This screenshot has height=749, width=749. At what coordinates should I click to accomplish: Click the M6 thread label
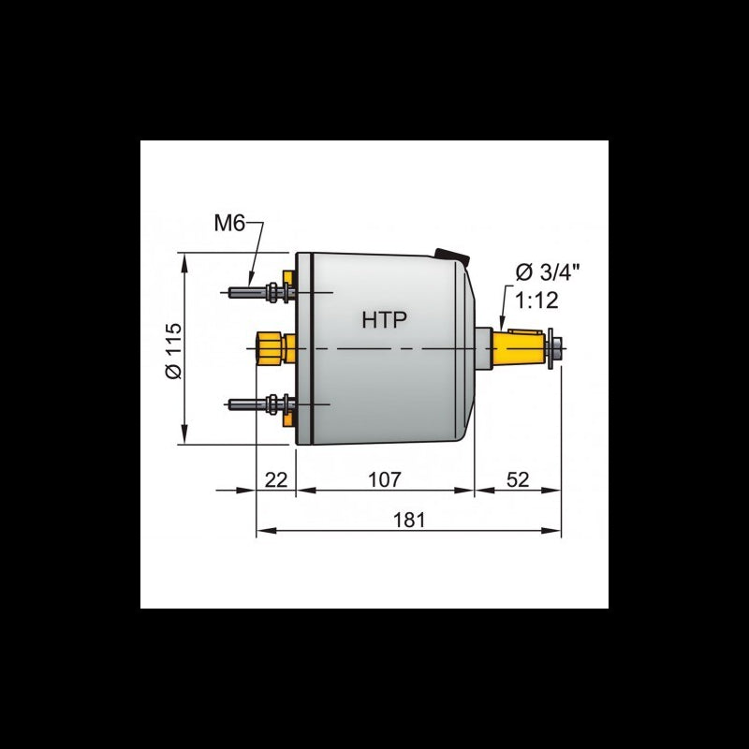(230, 224)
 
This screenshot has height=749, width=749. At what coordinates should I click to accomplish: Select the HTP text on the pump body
(385, 320)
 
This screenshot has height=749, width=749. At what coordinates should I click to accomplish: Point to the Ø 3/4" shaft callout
(547, 272)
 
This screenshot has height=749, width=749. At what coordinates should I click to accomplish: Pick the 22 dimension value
(275, 479)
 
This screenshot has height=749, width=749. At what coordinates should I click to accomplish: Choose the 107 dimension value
(384, 479)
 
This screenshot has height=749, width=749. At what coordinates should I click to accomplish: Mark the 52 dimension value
(517, 479)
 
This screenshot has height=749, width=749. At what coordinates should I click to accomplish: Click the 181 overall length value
(408, 520)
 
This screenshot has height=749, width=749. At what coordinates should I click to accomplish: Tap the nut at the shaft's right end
(558, 347)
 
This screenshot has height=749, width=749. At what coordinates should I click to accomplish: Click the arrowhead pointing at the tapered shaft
(502, 322)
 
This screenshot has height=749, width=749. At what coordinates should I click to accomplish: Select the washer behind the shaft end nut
(549, 347)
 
